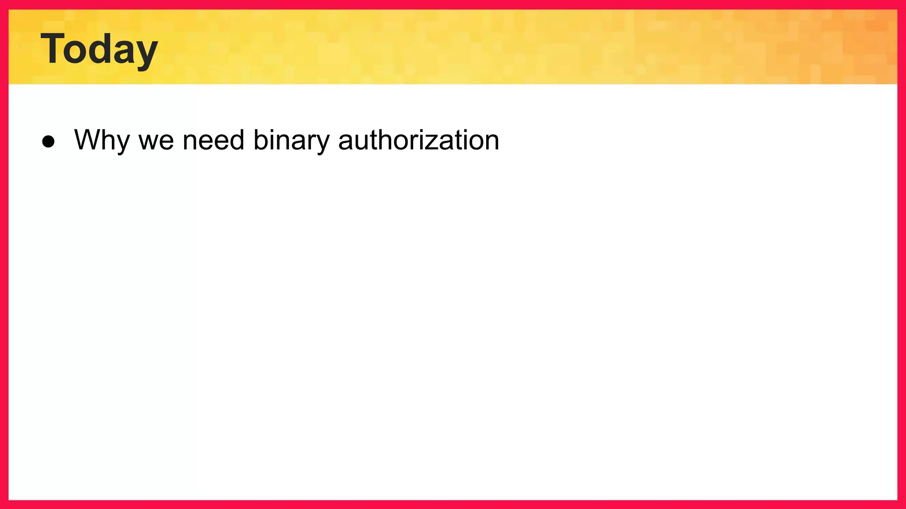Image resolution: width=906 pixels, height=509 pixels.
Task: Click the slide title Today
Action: pos(99,49)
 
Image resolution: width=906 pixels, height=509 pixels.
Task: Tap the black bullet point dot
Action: pos(48,141)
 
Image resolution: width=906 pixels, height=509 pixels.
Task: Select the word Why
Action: pos(102,141)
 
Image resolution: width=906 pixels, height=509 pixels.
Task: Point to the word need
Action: pos(213,140)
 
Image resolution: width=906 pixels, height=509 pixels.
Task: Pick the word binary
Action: pos(292,141)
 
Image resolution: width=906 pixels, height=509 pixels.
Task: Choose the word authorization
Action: pos(418,140)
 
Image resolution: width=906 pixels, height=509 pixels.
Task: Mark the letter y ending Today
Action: pos(145,54)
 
